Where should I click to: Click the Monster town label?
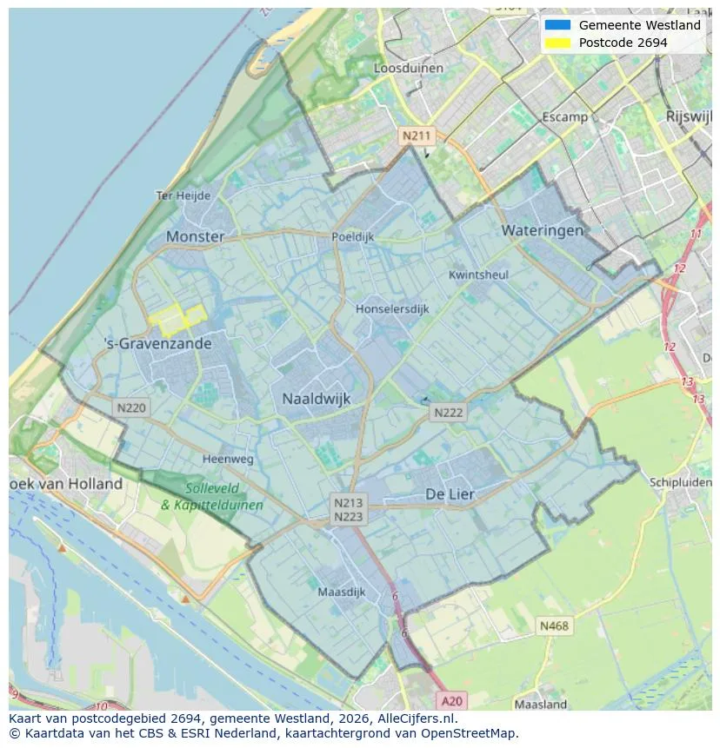point(195,236)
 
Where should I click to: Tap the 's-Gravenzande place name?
point(157,343)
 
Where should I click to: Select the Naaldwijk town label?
point(316,399)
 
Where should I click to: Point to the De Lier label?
point(450,493)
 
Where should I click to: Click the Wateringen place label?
point(542,230)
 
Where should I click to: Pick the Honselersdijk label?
point(392,308)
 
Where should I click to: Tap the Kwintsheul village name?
point(478,275)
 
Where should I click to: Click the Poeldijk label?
point(352,236)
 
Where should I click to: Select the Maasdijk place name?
point(341,592)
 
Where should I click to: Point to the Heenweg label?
point(228,459)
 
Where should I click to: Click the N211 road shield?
point(416,136)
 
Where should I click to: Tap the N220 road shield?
point(131,407)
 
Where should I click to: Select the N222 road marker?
point(449,413)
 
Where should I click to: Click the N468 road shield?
point(554,626)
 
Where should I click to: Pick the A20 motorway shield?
point(451,700)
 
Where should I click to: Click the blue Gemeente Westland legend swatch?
point(557,25)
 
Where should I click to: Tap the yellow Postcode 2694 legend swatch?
point(557,43)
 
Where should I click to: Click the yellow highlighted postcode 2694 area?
point(177,319)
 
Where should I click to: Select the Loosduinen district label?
point(408,68)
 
